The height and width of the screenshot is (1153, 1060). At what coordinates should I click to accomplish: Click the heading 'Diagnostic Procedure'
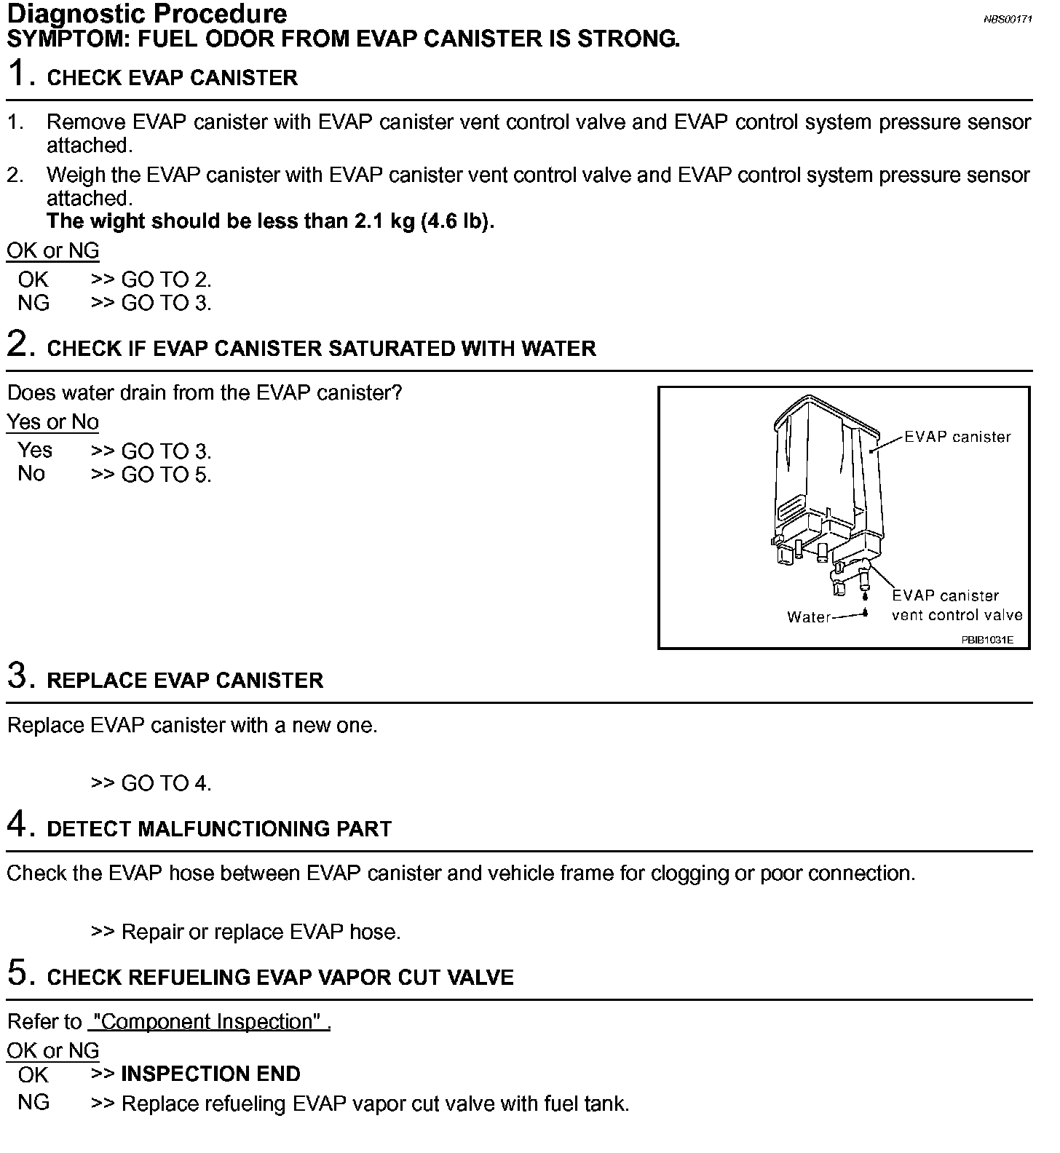147,14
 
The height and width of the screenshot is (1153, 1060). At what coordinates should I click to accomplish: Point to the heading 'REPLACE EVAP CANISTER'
185,681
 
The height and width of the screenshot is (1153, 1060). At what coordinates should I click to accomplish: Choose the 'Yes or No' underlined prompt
52,422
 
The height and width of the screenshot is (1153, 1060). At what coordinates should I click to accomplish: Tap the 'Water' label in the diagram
808,617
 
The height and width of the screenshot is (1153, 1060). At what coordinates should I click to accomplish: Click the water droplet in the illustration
865,611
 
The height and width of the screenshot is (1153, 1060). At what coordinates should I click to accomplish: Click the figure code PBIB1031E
986,641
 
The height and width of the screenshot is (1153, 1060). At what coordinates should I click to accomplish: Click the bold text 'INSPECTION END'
210,1074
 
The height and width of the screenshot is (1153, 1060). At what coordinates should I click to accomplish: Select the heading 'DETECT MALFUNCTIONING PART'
219,829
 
